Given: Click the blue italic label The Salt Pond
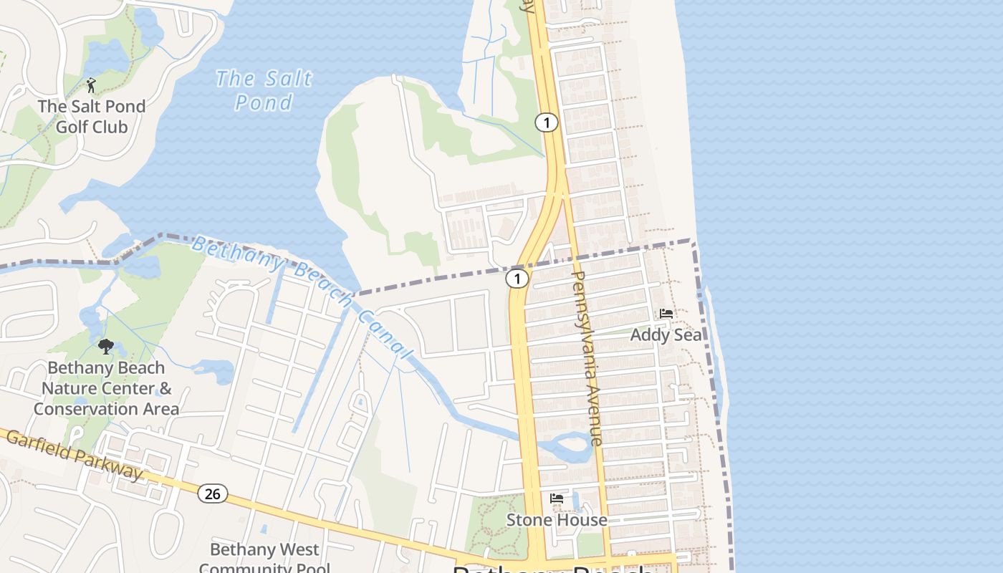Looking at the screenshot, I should (x=264, y=90).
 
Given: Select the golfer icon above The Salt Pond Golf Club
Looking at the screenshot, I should (x=91, y=86).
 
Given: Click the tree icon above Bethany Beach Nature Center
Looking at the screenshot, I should (x=106, y=347).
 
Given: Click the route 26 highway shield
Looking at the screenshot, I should (x=213, y=493).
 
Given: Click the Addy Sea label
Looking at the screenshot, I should (x=666, y=334).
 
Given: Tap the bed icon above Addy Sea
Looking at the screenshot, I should (x=666, y=314).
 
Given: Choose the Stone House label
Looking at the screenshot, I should (x=557, y=520).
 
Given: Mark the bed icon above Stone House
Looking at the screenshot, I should (x=557, y=499).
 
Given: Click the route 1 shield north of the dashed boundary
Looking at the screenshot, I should (x=546, y=122).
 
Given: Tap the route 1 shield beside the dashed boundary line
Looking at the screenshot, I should (x=517, y=278).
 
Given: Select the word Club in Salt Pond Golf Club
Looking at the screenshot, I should (x=110, y=127).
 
